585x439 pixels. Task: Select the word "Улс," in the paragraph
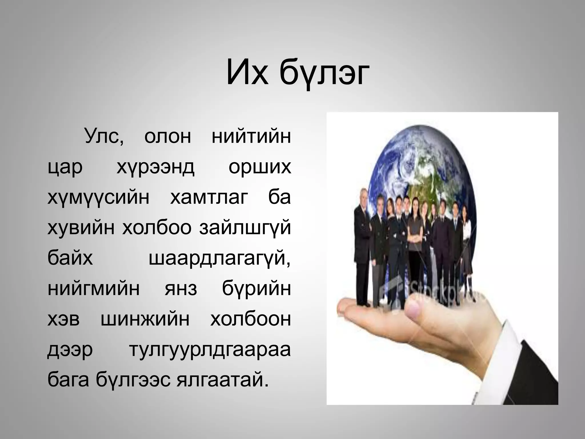pyautogui.click(x=104, y=137)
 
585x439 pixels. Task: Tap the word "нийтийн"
pyautogui.click(x=251, y=137)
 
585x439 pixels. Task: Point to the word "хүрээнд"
pyautogui.click(x=155, y=167)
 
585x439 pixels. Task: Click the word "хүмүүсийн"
pyautogui.click(x=98, y=198)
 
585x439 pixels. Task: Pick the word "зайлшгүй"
pyautogui.click(x=245, y=228)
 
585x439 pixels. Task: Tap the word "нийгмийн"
pyautogui.click(x=94, y=289)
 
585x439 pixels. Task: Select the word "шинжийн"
pyautogui.click(x=145, y=320)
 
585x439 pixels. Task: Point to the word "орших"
pyautogui.click(x=260, y=167)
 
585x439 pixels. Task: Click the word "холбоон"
pyautogui.click(x=251, y=320)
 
